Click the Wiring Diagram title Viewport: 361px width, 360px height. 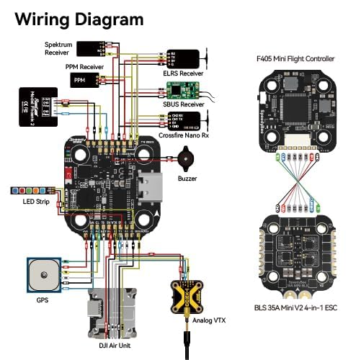76,19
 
